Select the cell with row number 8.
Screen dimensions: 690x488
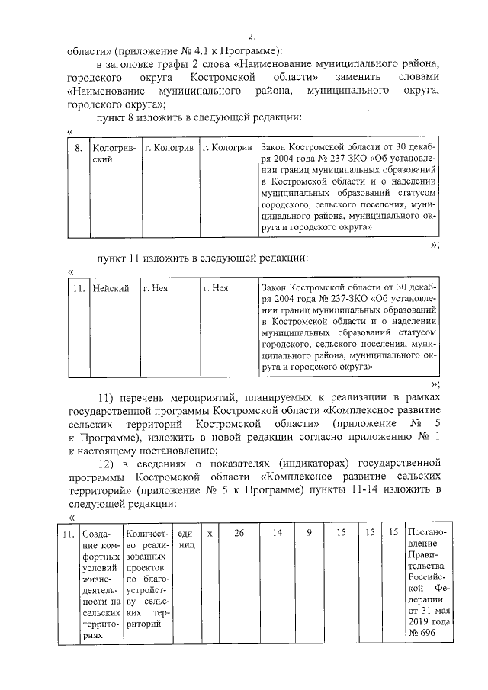(78, 146)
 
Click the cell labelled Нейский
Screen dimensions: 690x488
(110, 289)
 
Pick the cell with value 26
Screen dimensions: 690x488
(239, 533)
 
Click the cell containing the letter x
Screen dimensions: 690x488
(209, 533)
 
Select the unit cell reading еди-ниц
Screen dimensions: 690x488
(185, 539)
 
